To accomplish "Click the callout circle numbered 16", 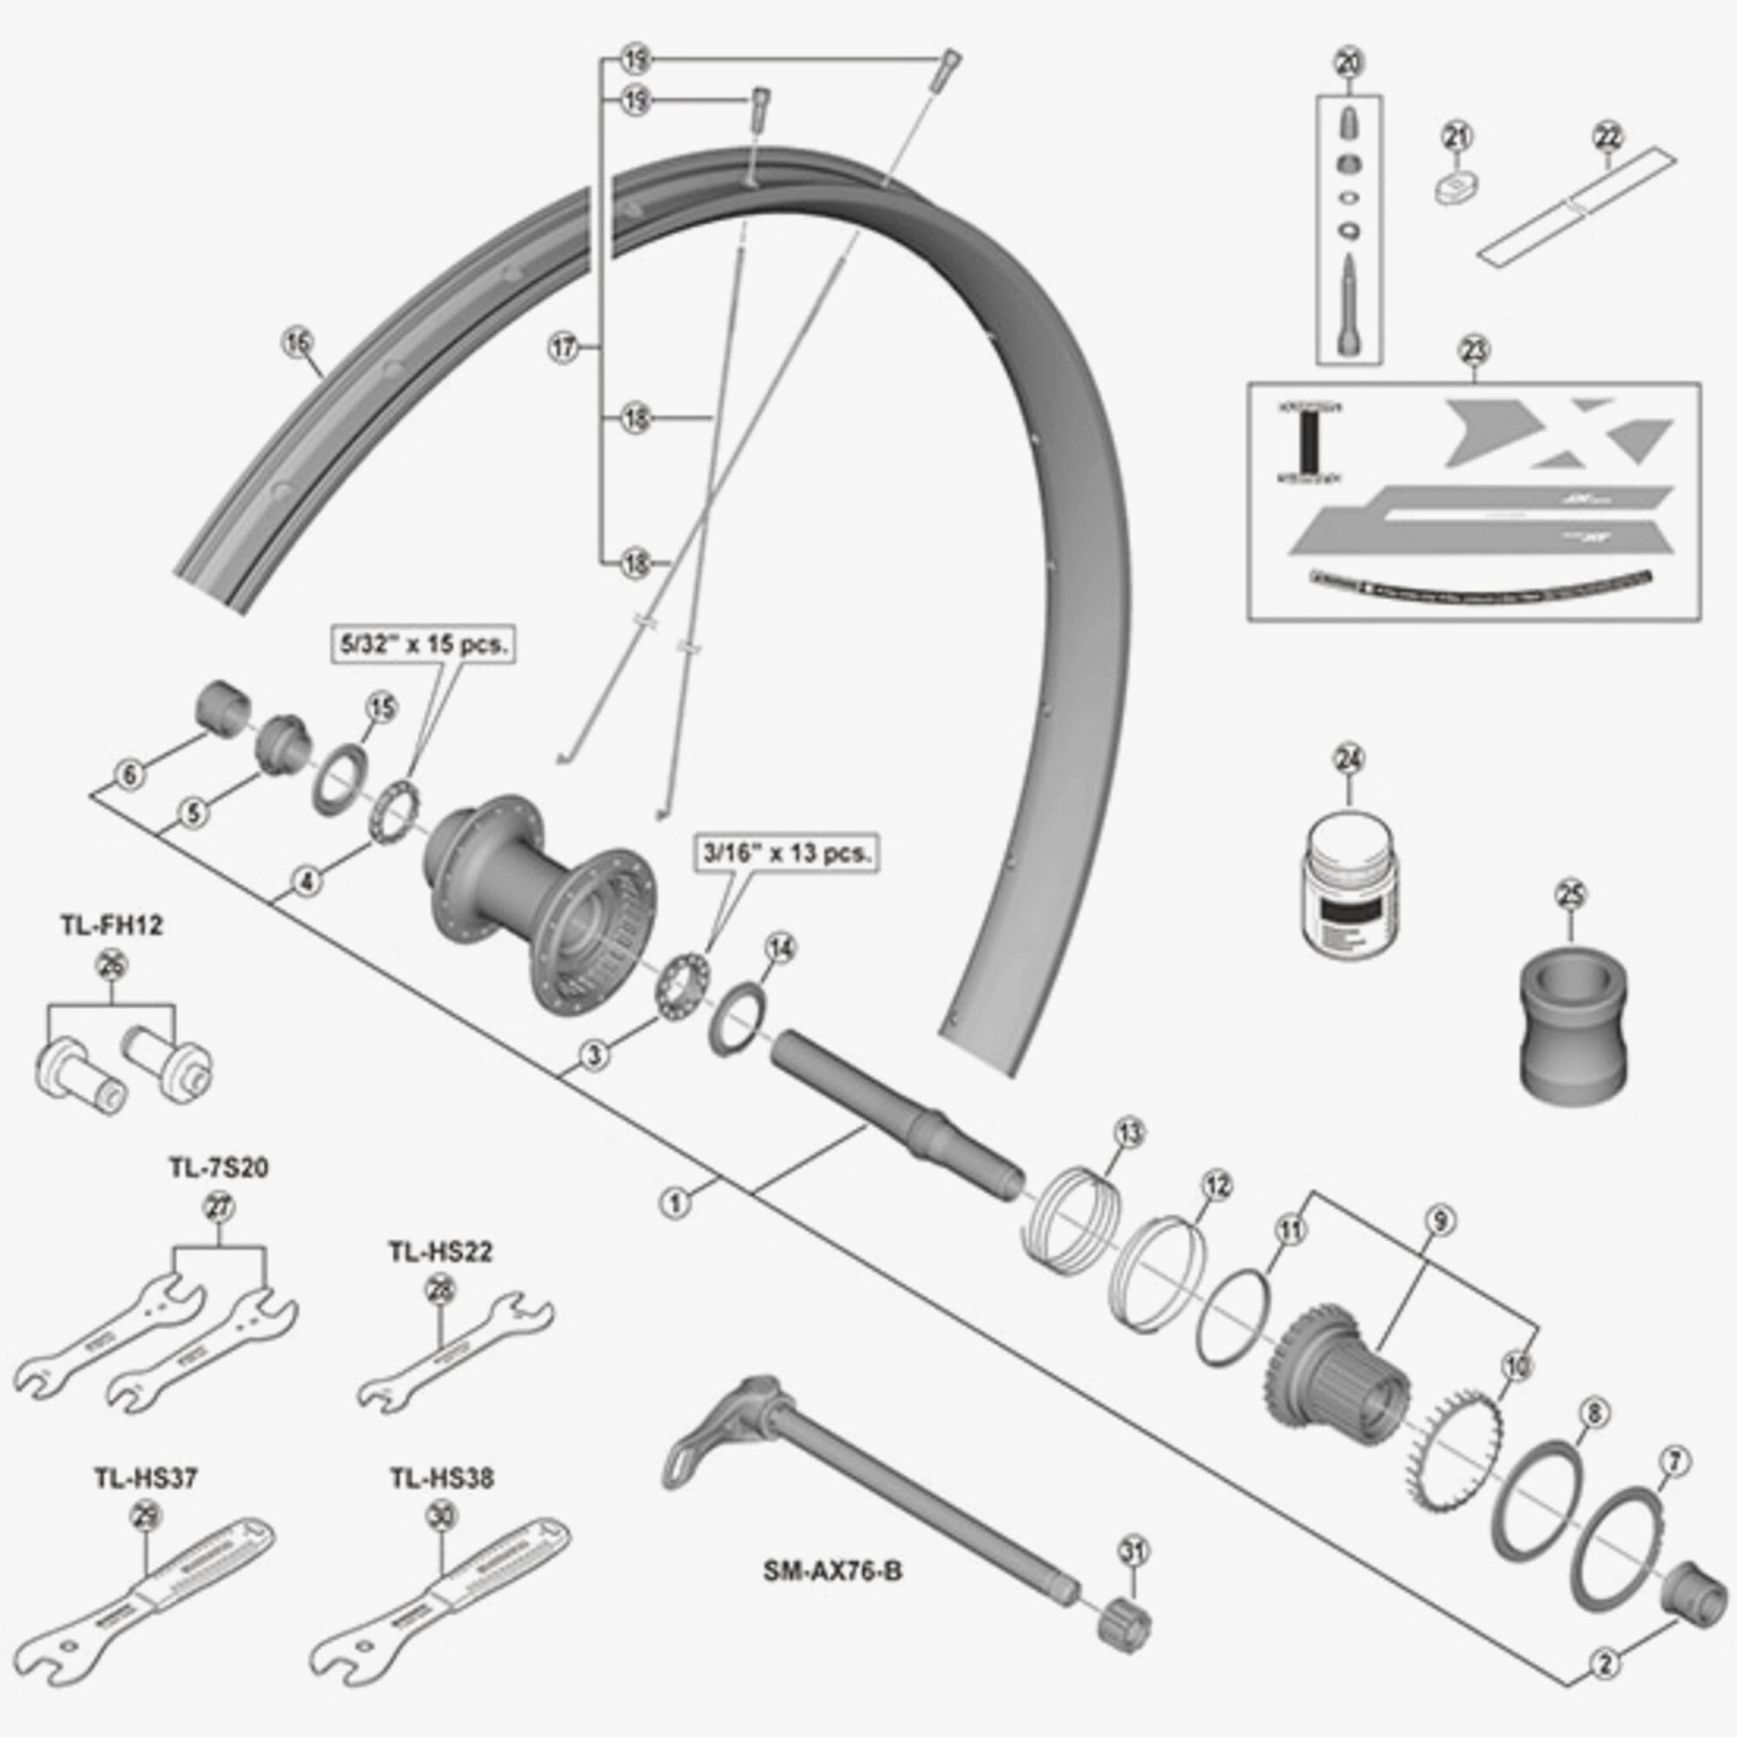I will click(x=298, y=341).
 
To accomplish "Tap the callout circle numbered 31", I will click(x=1134, y=1551).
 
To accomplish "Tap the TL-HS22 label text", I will click(x=440, y=1252).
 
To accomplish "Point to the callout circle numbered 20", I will click(x=1350, y=63).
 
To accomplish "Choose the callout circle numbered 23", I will click(x=1476, y=351).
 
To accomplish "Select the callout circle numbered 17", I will click(x=564, y=347).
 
